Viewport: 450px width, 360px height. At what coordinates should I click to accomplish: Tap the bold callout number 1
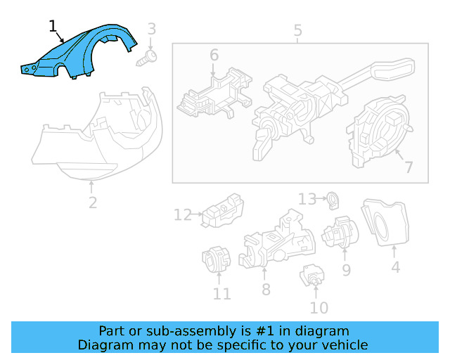[53, 27]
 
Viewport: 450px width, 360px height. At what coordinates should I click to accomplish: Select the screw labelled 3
[147, 58]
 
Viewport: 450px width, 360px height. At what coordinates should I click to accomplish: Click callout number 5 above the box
[297, 30]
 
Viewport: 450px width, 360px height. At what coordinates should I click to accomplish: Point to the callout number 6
[214, 55]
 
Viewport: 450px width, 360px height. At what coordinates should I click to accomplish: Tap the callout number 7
[409, 167]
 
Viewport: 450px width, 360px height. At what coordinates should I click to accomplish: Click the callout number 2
[93, 203]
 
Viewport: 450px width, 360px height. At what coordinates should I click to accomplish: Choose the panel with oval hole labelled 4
[385, 223]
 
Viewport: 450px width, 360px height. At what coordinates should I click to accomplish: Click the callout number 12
[183, 214]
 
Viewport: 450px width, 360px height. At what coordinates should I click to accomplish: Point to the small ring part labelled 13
[333, 200]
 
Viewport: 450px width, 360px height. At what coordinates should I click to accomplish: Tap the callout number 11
[222, 294]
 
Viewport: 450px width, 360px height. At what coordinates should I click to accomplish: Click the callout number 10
[319, 308]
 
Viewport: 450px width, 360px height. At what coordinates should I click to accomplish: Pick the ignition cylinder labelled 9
[340, 232]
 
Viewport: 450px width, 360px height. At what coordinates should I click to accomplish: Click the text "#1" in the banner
[264, 331]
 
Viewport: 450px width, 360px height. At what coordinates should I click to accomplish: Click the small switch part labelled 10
[312, 276]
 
